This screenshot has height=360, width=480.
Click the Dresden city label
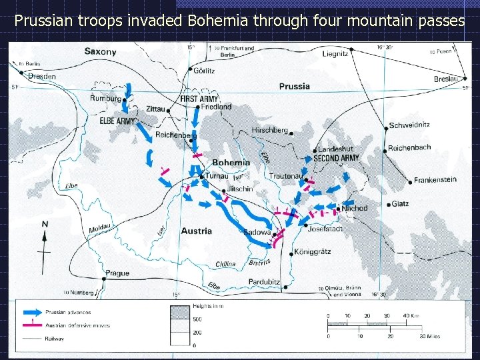pyautogui.click(x=41, y=77)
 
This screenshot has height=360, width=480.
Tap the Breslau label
pyautogui.click(x=445, y=79)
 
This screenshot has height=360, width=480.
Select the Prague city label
pyautogui.click(x=117, y=273)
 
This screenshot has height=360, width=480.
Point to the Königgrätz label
pyautogui.click(x=312, y=252)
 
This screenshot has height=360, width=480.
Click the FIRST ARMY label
pyautogui.click(x=199, y=99)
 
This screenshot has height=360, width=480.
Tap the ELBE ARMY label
pyautogui.click(x=117, y=121)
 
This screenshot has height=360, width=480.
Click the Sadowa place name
pyautogui.click(x=258, y=232)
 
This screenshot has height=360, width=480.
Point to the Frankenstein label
pyautogui.click(x=435, y=180)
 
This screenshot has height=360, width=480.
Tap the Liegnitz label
pyautogui.click(x=335, y=53)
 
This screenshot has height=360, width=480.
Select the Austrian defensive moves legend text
pyautogui.click(x=77, y=325)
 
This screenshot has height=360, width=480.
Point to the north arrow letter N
pyautogui.click(x=45, y=225)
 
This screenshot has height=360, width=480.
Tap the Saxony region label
pyautogui.click(x=100, y=51)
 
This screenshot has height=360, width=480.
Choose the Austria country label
pyautogui.click(x=196, y=231)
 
